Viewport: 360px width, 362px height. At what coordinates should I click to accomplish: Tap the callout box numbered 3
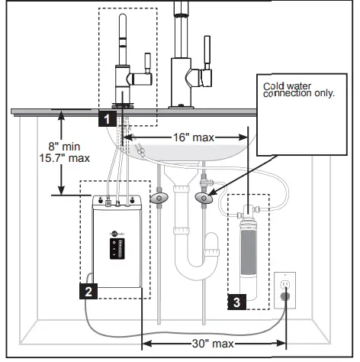click(x=236, y=302)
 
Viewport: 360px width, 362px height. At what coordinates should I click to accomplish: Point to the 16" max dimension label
click(x=187, y=137)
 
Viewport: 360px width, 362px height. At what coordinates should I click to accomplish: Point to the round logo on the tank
click(x=114, y=225)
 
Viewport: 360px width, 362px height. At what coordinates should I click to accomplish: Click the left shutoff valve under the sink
click(x=159, y=198)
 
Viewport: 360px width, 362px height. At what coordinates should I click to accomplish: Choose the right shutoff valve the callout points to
click(x=204, y=199)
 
